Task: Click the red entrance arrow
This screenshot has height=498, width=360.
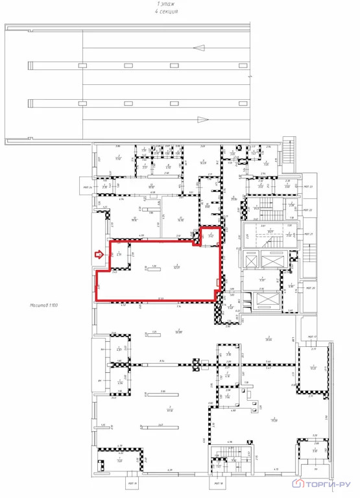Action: (99, 255)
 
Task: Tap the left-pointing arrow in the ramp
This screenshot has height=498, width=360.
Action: (200, 47)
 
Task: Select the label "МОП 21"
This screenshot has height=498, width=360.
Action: (309, 234)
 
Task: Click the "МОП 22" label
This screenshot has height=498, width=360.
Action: (309, 210)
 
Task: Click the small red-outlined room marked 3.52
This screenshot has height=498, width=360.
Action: (210, 236)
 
